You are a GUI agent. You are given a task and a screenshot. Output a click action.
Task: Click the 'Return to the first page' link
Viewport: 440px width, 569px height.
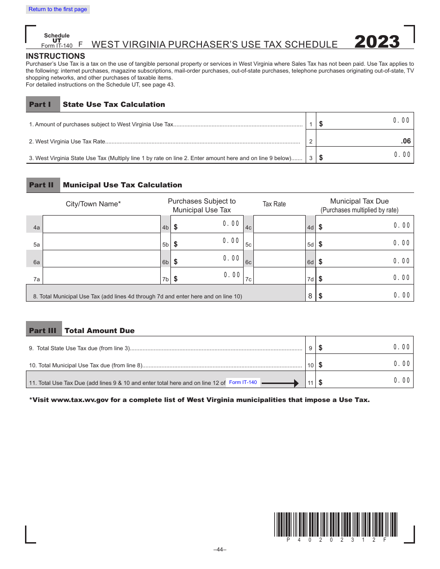[x=58, y=9]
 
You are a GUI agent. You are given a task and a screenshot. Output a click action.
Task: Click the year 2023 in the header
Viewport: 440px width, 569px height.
[x=377, y=42]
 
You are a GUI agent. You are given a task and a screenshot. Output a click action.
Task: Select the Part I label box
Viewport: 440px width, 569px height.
[x=43, y=105]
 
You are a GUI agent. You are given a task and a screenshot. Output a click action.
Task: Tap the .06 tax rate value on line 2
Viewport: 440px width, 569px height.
[x=405, y=141]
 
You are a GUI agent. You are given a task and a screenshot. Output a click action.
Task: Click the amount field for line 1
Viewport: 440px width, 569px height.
[x=365, y=121]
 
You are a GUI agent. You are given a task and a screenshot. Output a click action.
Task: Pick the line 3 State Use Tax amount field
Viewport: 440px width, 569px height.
[x=365, y=155]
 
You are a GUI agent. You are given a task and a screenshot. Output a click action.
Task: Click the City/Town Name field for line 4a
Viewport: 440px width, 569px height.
[x=101, y=224]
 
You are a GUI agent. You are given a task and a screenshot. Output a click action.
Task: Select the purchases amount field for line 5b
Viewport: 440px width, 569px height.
[x=207, y=242]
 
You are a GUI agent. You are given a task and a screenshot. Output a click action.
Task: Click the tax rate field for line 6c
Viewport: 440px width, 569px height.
[x=280, y=259]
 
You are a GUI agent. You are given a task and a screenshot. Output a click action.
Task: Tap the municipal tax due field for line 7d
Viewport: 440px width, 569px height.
[x=365, y=277]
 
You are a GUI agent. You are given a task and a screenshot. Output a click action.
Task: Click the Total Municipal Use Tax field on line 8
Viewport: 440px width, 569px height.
[x=365, y=293]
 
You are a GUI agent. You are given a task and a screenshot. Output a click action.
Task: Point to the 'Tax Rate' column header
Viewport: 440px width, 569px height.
[x=274, y=204]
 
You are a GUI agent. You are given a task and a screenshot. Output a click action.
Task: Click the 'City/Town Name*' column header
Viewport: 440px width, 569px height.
[x=93, y=204]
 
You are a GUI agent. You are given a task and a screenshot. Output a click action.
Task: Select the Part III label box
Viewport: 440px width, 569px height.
[x=44, y=330]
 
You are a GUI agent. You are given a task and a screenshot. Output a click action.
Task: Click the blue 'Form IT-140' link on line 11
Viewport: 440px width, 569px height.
[x=243, y=382]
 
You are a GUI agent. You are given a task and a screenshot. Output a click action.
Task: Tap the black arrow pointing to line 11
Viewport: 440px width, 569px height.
[x=280, y=383]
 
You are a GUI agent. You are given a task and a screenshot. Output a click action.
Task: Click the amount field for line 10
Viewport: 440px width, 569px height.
[x=365, y=363]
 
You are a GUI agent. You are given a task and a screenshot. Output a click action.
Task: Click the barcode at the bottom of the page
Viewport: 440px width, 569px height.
[x=335, y=524]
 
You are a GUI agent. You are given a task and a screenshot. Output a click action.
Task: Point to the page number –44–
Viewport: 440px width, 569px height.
[x=220, y=550]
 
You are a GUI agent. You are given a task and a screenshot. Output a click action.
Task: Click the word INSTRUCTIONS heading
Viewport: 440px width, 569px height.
[x=56, y=56]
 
